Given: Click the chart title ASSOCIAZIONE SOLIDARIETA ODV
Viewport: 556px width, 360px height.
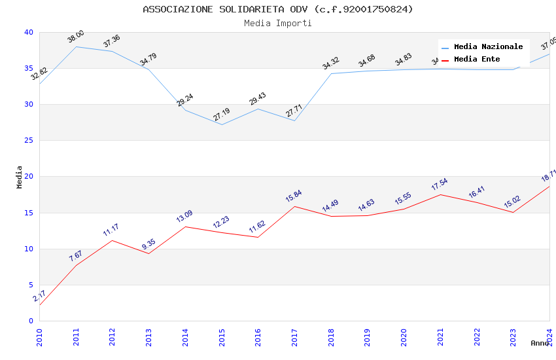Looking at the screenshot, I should coord(278,9).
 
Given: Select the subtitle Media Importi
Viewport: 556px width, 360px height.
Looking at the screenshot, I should coord(278,23).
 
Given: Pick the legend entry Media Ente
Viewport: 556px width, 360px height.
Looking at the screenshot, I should coord(477,60).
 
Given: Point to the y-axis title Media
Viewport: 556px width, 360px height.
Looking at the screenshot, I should coord(20,177).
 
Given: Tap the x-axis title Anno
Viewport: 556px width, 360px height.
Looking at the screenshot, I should coord(540,343).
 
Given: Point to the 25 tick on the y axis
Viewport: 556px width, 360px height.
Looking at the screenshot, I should coord(29,141).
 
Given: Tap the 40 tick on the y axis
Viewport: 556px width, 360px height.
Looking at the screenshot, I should coord(29,33).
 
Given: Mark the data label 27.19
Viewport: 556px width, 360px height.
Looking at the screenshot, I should coord(221,115).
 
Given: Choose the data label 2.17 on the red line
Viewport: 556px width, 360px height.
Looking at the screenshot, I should coord(39,296).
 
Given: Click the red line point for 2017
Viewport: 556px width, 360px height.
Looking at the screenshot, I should coord(294,206).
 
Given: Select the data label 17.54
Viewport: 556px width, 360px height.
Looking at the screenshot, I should coord(439,185).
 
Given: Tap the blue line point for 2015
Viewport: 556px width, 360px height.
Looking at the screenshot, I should coord(222,124).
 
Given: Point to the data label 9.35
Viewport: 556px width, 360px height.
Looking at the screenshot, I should coord(148,244).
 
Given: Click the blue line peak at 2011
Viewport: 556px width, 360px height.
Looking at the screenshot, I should coord(76,46).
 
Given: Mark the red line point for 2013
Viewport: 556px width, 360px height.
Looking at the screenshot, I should coord(148,253).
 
